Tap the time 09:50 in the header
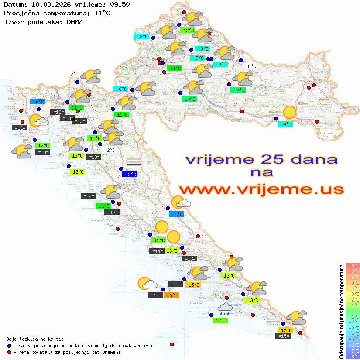[121, 5]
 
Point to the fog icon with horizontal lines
[134, 162]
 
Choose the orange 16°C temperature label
[171, 295]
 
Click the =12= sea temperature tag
[20, 128]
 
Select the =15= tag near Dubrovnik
[284, 336]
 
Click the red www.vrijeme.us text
[261, 189]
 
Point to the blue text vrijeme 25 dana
[261, 159]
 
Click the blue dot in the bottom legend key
[10, 346]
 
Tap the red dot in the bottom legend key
[10, 352]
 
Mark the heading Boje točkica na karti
[35, 339]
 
